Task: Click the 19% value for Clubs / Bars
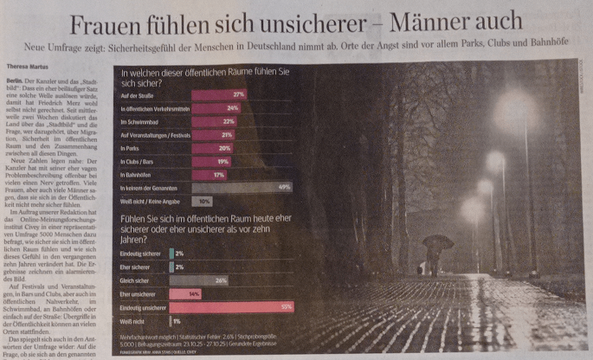[x=222, y=162]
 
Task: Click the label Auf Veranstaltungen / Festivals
[x=150, y=136]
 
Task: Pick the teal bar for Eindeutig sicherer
[x=174, y=254]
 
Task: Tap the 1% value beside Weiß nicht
[x=177, y=321]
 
